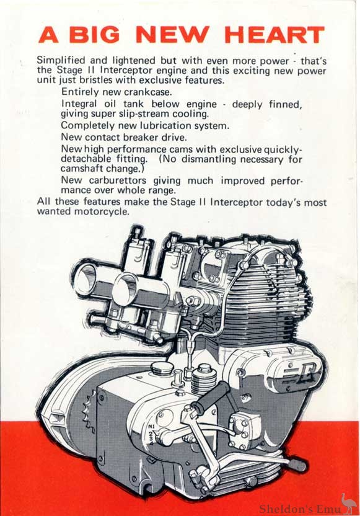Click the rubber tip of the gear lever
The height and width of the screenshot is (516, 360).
(300, 464)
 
